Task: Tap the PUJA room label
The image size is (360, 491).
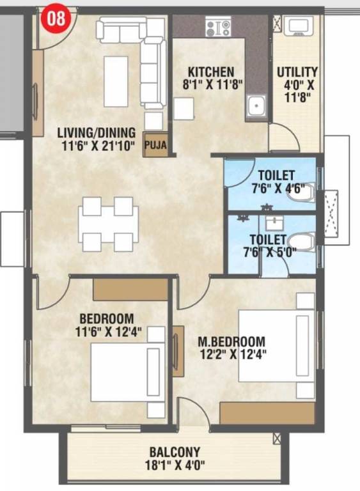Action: click(155, 145)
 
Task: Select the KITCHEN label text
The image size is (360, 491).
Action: click(210, 72)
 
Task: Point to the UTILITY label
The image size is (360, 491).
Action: click(297, 72)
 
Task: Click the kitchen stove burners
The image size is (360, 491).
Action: click(218, 27)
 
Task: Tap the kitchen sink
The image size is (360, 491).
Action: click(256, 105)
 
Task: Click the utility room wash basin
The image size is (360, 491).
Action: click(297, 26)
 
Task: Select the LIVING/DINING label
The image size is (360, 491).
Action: click(97, 133)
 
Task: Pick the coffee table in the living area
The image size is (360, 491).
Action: click(116, 81)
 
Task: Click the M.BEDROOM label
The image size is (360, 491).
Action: click(231, 341)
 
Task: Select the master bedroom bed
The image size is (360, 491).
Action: click(276, 345)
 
